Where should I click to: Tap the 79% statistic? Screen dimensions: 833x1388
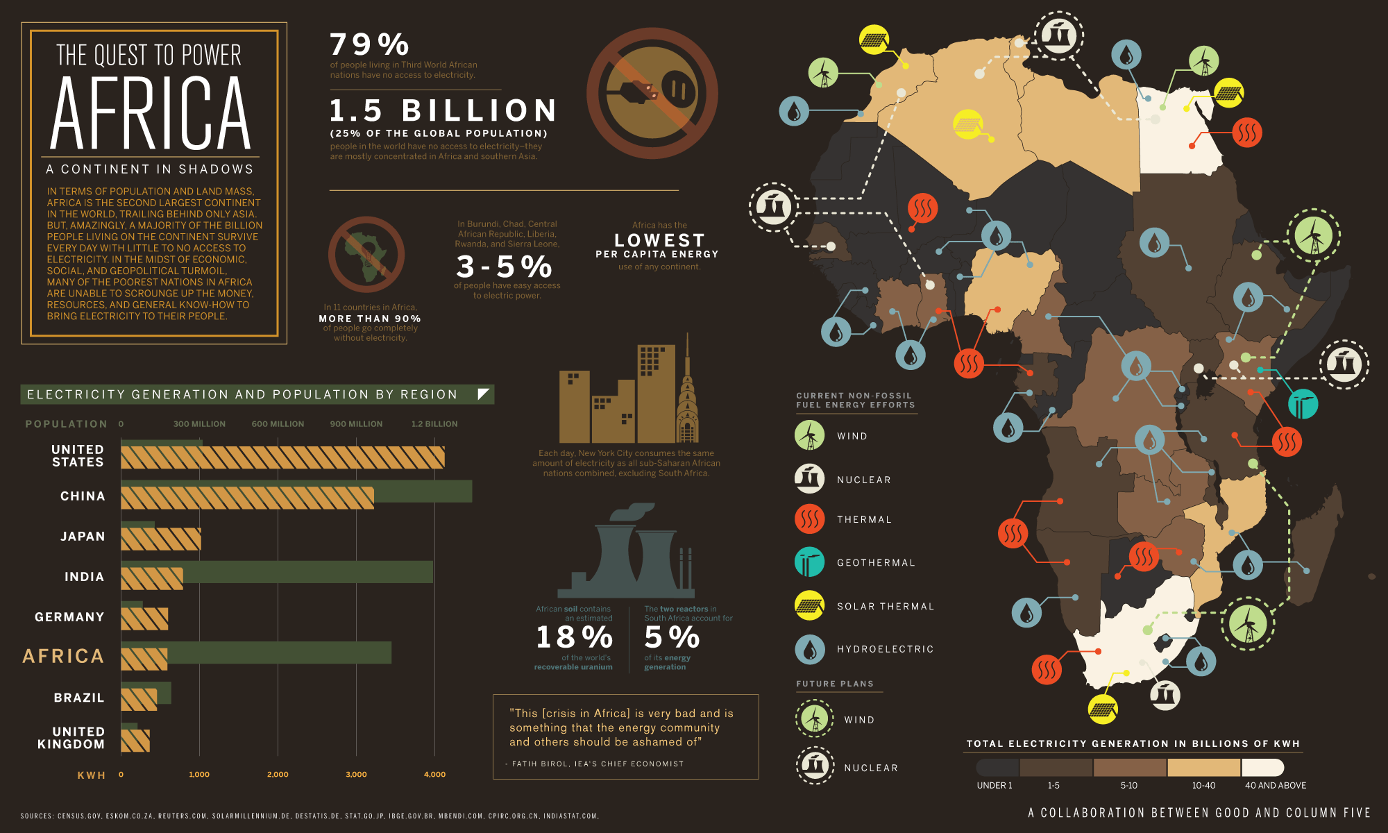click(369, 44)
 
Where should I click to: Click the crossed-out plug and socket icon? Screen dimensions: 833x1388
click(652, 93)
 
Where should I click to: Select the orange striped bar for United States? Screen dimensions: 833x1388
click(282, 457)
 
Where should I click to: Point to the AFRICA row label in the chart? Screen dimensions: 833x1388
click(63, 656)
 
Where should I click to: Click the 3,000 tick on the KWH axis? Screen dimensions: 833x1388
click(356, 774)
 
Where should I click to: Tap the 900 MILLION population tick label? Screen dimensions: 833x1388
click(356, 423)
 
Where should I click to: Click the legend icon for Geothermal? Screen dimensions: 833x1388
click(809, 562)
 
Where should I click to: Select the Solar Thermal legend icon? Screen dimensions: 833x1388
click(809, 605)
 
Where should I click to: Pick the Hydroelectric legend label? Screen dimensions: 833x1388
click(885, 649)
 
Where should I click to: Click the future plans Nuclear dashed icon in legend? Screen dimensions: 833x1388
click(815, 766)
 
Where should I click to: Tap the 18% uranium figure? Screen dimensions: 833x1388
click(574, 637)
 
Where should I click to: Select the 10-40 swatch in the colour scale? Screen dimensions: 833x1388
click(1203, 767)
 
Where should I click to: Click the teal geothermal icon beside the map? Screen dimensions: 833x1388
click(1303, 404)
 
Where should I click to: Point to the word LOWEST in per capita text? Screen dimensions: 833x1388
click(659, 240)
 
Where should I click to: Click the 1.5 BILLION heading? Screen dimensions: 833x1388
click(443, 110)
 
